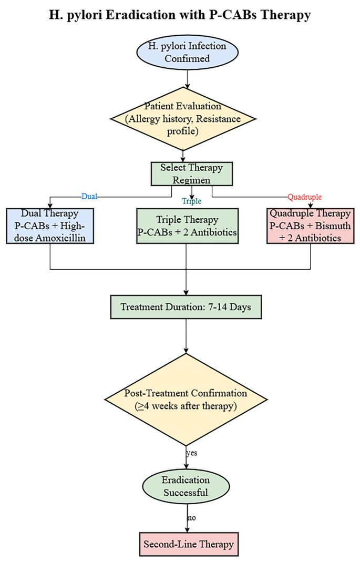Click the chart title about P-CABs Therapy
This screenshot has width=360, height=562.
point(180,15)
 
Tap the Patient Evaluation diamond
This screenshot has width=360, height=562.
point(183,119)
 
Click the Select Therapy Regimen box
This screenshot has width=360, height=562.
point(191,174)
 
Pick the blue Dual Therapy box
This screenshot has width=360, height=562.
point(50,226)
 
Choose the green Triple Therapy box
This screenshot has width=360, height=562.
point(187,226)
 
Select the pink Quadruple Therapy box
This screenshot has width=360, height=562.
point(310,226)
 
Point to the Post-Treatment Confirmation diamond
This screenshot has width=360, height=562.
point(186,400)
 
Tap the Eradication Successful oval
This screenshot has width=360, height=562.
point(186,486)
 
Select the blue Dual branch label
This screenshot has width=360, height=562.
point(89,196)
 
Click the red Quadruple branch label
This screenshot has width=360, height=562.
point(304,197)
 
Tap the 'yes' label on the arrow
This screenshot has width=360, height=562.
point(191,452)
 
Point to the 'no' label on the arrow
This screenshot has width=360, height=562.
point(191,517)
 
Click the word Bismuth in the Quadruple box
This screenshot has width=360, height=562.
point(328,226)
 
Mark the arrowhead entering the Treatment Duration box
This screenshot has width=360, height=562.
point(187,292)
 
